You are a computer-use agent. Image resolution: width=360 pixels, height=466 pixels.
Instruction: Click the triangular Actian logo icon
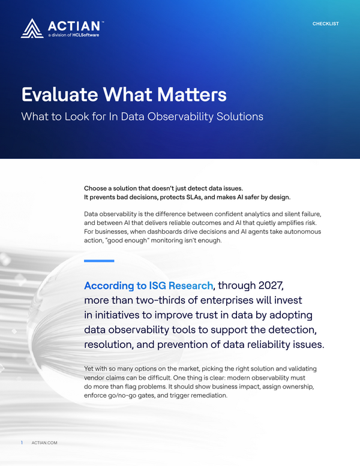tap(32, 29)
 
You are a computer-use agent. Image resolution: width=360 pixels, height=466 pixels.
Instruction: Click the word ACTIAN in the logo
tap(74, 26)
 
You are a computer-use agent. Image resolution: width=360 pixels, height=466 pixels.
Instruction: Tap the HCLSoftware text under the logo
tap(86, 35)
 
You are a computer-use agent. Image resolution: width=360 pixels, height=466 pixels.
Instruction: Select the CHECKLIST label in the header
tap(326, 24)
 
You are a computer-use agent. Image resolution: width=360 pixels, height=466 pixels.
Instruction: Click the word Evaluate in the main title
tap(60, 95)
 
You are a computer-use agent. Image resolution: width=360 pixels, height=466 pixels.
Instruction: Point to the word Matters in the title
tap(192, 95)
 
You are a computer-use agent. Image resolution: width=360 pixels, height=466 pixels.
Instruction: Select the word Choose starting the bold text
tap(94, 188)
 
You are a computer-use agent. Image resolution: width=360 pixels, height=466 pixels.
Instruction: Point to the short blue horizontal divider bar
tap(99, 261)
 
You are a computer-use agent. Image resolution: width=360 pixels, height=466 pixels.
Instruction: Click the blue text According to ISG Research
tap(149, 285)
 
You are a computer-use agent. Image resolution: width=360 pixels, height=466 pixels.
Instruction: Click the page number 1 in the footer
tap(22, 443)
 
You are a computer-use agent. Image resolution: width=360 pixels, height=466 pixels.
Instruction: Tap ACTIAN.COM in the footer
tap(44, 443)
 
